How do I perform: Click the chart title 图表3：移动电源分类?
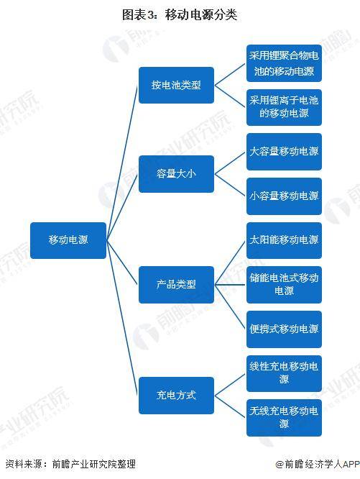tap(180, 14)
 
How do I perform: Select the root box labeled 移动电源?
tap(68, 240)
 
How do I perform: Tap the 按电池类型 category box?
tap(176, 86)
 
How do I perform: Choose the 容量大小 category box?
tap(176, 174)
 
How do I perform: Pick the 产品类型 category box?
tap(176, 285)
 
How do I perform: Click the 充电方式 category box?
tap(176, 396)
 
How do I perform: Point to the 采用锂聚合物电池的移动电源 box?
tap(284, 63)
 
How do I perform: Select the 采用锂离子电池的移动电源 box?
tap(284, 108)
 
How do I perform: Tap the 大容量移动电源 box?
tap(284, 152)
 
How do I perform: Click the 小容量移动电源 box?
tap(284, 196)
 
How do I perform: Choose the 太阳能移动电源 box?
tap(284, 240)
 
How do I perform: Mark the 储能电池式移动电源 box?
tap(284, 285)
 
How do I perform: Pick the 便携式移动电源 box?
tap(284, 329)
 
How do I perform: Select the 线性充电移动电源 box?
tap(284, 373)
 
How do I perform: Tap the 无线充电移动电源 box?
tap(284, 418)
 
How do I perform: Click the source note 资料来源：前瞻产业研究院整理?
tap(70, 464)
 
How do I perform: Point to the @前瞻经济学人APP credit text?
tap(318, 465)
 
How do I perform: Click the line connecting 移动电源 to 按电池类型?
tap(122, 163)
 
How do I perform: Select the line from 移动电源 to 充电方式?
tap(122, 318)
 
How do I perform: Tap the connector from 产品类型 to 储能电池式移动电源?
tap(230, 285)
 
